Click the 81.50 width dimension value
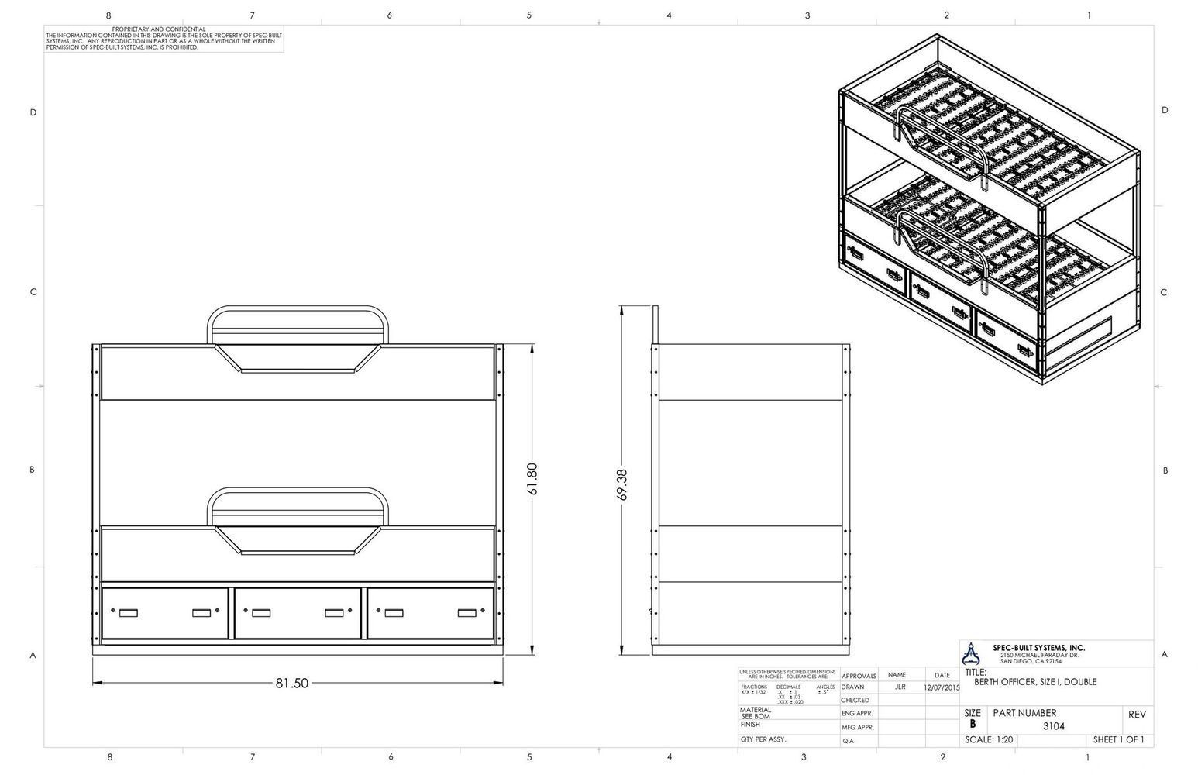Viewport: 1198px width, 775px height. tap(292, 683)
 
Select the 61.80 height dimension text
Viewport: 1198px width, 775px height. tap(532, 482)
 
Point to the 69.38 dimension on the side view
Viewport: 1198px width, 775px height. tap(622, 484)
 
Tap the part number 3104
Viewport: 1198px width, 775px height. tap(1053, 726)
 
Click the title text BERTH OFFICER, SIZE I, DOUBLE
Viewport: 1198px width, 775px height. tap(1035, 682)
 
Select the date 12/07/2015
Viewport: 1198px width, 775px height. tap(942, 687)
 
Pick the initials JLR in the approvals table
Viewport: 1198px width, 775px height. tap(900, 687)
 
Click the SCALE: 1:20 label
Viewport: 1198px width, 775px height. tap(989, 739)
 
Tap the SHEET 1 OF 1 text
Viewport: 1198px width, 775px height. tap(1118, 739)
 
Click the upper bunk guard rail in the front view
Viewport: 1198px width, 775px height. tap(298, 312)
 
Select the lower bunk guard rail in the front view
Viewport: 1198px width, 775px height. tap(298, 494)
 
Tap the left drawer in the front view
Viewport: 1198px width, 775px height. tap(165, 613)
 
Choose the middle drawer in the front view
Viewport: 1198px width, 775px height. tap(298, 613)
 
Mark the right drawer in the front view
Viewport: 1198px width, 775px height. tap(430, 613)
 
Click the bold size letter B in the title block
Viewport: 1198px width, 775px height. tap(973, 725)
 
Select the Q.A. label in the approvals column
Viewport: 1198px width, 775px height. tap(849, 741)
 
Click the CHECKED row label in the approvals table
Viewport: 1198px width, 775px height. tap(855, 700)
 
